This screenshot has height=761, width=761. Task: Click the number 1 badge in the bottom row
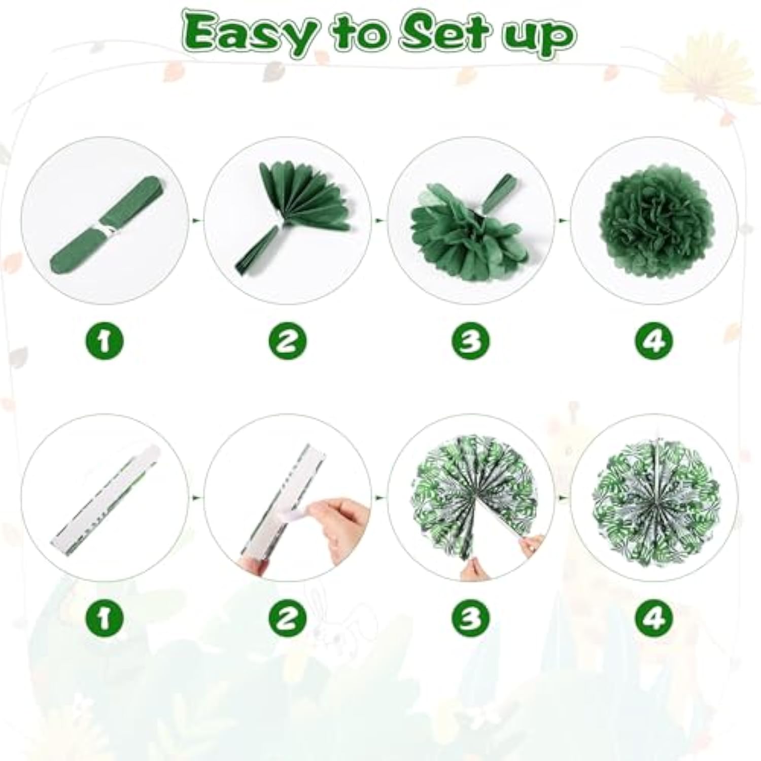tap(104, 618)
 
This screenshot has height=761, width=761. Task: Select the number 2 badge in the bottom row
tap(287, 618)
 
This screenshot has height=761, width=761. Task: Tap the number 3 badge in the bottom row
tap(470, 618)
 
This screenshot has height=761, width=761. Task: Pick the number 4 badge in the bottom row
tap(653, 618)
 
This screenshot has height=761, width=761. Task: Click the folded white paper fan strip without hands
tap(104, 500)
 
